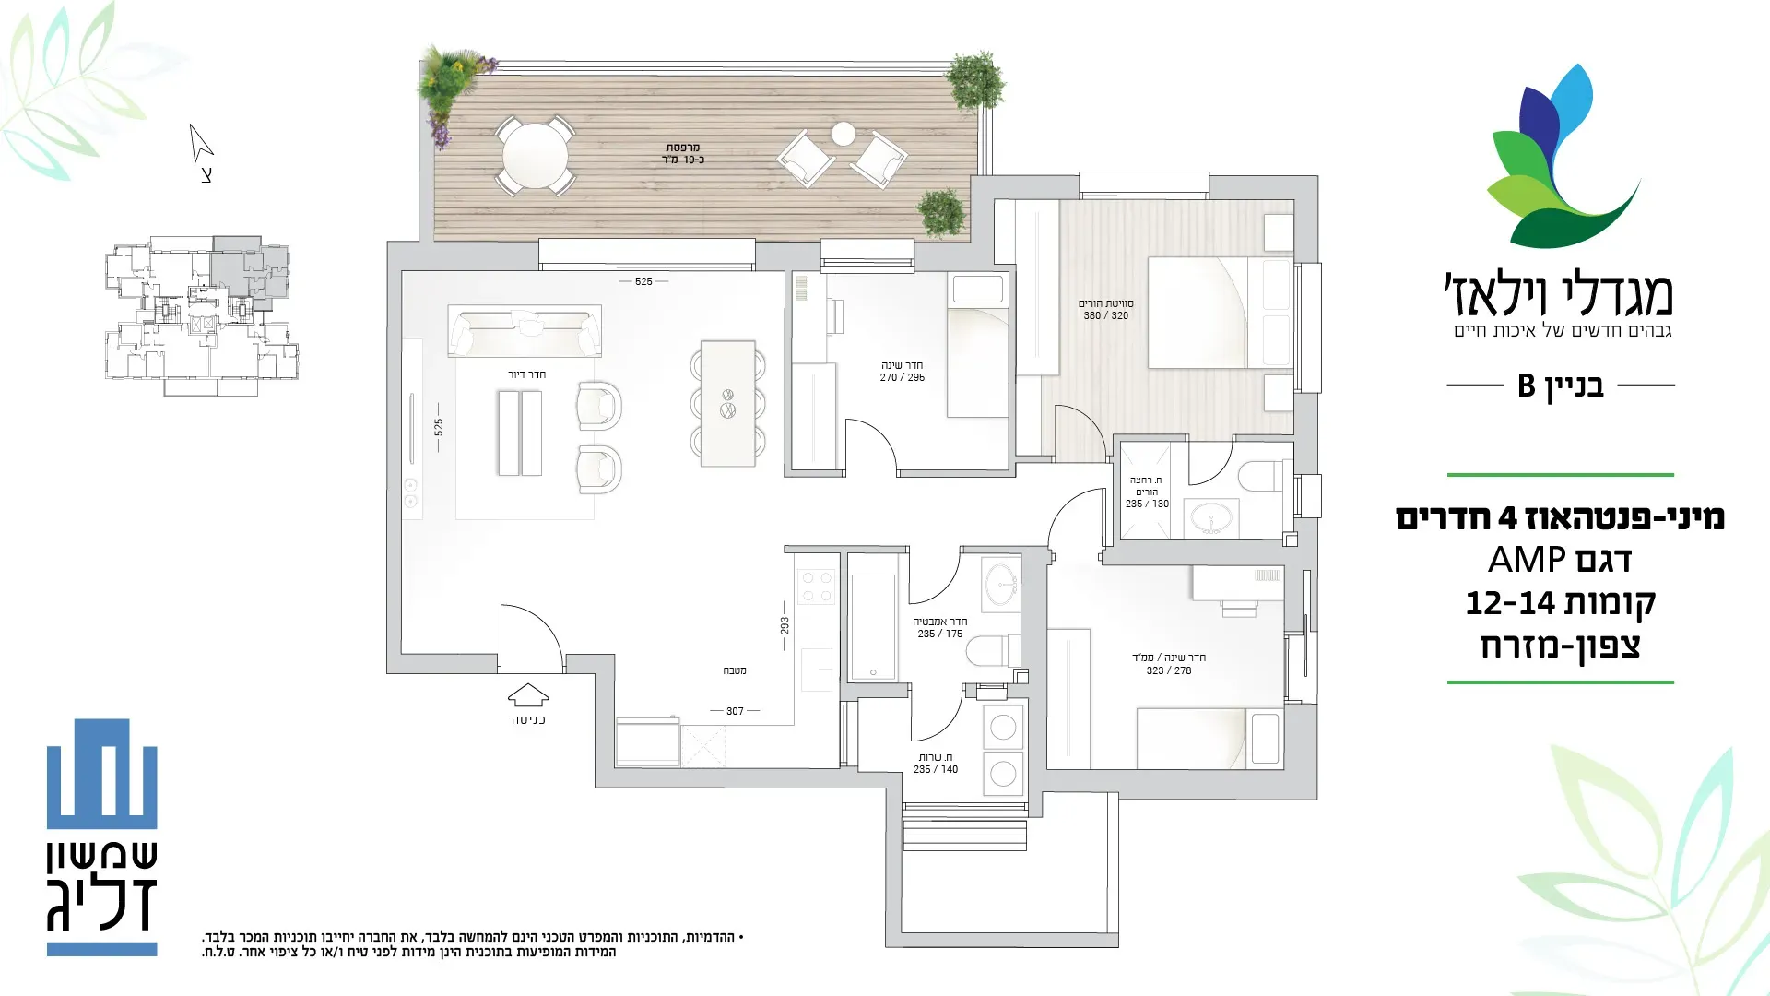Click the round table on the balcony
click(x=535, y=156)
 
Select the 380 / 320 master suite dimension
click(x=1106, y=315)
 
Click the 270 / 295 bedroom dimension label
click(x=902, y=377)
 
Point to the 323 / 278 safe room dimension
click(x=1169, y=670)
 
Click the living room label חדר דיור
click(x=527, y=374)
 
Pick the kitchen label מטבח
click(x=735, y=670)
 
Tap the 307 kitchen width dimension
click(x=735, y=711)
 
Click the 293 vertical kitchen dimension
click(x=785, y=625)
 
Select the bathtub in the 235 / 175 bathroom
click(x=872, y=627)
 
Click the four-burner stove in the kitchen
click(x=816, y=587)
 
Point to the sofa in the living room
click(x=525, y=332)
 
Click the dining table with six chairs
click(x=727, y=403)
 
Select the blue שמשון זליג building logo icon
click(x=102, y=773)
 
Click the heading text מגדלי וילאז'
click(x=1558, y=293)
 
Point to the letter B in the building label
click(x=1527, y=385)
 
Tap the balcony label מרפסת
click(x=683, y=148)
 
